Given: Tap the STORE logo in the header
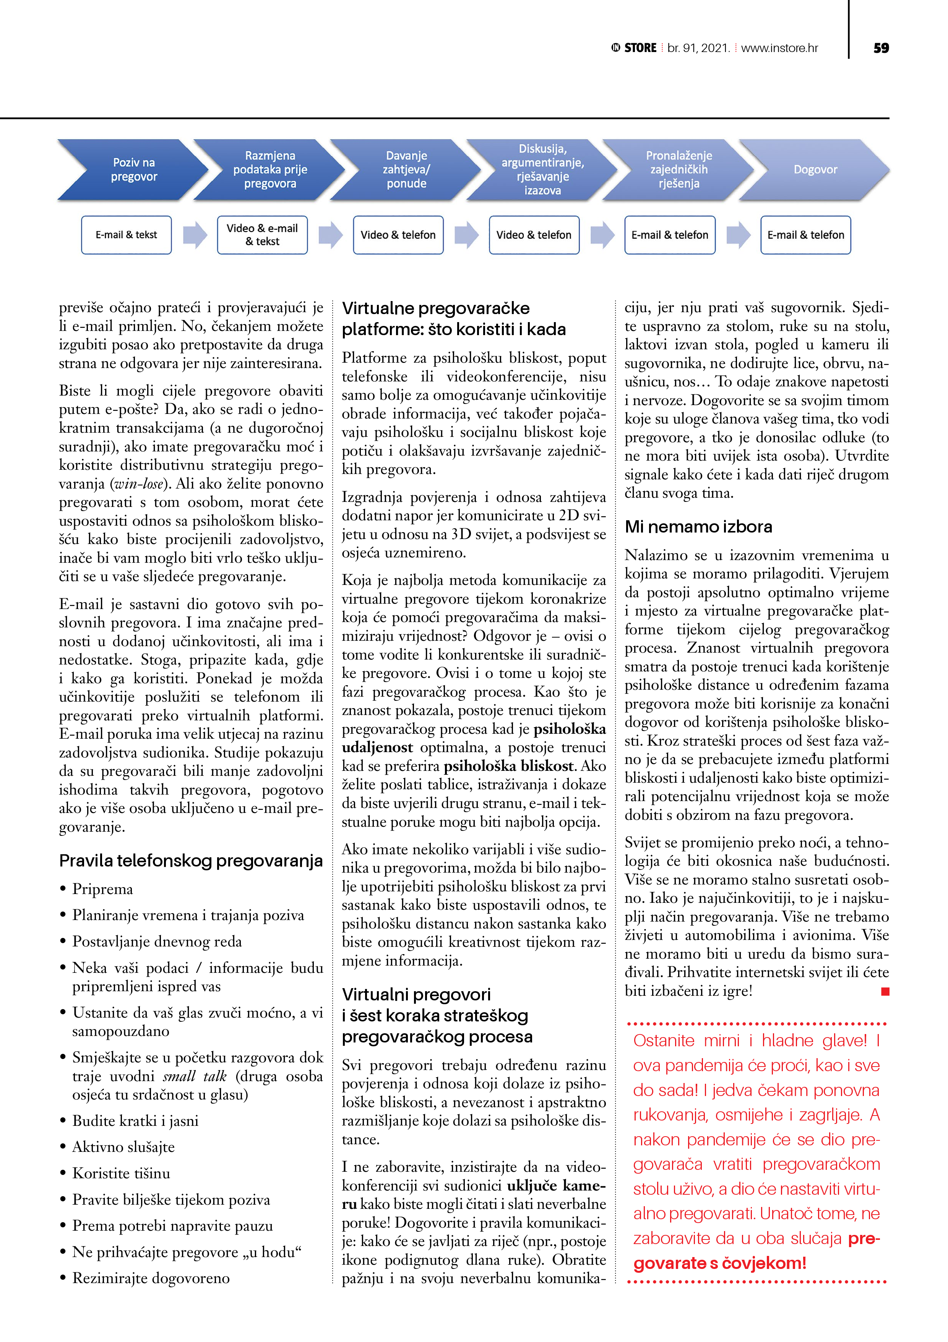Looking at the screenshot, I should coord(634,48).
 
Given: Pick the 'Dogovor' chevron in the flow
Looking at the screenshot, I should coord(815,169).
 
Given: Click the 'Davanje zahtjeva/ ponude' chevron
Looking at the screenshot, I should coord(406,169).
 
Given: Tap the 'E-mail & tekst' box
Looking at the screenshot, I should coord(126,235).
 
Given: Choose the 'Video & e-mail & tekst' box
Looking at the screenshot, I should coord(262,235).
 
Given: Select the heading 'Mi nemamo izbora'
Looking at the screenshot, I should coord(698,527).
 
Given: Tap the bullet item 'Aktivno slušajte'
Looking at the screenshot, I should coord(123,1147).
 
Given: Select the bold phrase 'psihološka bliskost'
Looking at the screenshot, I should coord(509,766).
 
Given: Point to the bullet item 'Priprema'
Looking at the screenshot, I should coord(102,889).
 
